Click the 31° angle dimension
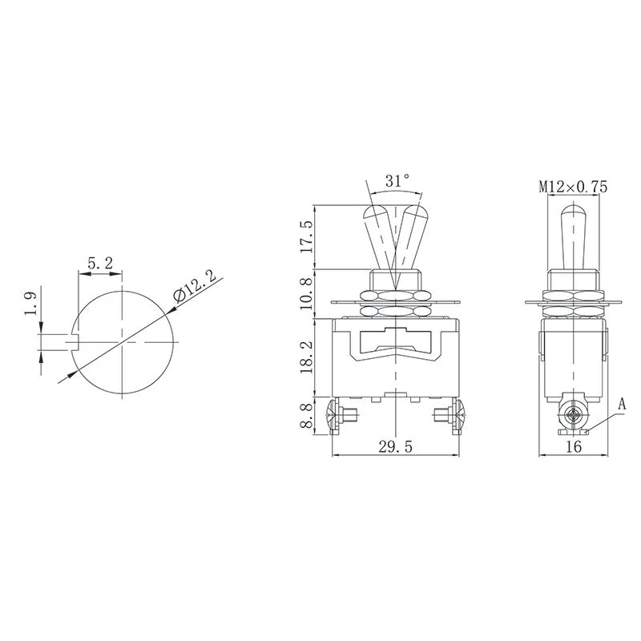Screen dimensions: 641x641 (397, 182)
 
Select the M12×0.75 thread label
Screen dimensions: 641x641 (573, 187)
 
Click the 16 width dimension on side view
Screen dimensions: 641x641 (573, 447)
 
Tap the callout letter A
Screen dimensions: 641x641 (622, 405)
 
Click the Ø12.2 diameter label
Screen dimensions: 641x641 (194, 286)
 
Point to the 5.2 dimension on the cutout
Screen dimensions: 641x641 (99, 262)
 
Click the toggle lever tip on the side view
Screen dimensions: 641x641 (572, 214)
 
